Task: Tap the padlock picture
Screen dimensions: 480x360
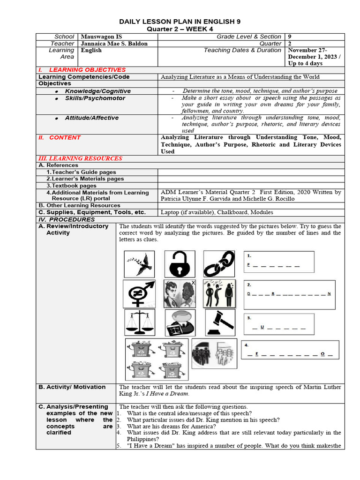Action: pos(180,263)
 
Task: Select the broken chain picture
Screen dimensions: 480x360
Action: pos(219,263)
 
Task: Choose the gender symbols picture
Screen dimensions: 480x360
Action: pos(139,293)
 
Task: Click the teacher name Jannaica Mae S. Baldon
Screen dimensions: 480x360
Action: pos(114,44)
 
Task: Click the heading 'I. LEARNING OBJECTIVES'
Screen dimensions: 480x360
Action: pos(82,70)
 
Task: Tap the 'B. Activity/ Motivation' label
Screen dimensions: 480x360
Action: pos(72,387)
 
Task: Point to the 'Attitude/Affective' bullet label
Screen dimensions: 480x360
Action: pos(91,118)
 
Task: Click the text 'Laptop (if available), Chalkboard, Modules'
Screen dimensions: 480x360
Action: pos(217,212)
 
